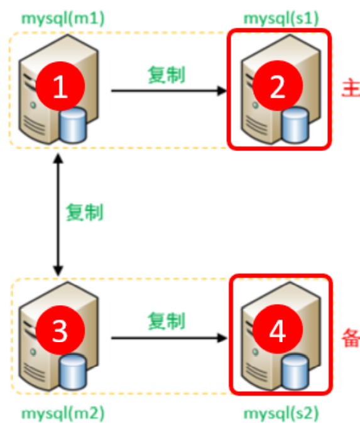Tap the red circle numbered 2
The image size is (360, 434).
pos(277,89)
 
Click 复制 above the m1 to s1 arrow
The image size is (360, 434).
pos(166,75)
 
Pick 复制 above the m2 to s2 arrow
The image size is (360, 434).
pos(166,321)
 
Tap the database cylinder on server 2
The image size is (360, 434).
pos(295,124)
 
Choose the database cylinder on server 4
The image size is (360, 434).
pos(295,371)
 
